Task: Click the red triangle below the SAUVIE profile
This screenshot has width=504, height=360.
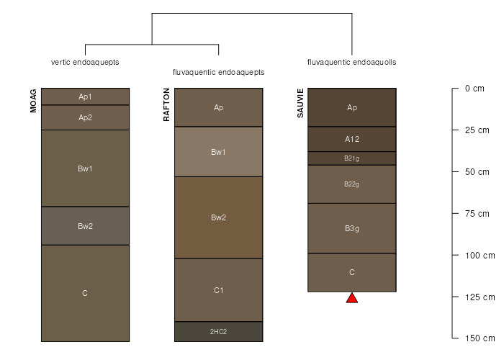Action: click(352, 298)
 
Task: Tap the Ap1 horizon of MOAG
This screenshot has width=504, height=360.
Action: click(85, 96)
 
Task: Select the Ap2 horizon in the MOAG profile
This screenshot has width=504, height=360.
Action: click(85, 117)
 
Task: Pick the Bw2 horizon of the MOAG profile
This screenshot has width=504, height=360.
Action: click(85, 226)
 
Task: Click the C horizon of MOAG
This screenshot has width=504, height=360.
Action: click(85, 293)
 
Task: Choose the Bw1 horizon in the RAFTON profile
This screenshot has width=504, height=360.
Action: click(219, 152)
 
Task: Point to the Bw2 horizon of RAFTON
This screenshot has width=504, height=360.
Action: click(219, 217)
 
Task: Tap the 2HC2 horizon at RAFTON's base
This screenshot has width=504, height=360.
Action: click(219, 331)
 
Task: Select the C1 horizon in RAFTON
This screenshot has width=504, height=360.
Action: click(219, 290)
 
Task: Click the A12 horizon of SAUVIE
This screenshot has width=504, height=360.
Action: click(352, 139)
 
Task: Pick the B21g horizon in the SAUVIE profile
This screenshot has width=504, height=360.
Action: click(352, 158)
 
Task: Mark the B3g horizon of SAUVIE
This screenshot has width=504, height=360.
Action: click(352, 228)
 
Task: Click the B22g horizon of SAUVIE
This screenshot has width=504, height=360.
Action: click(352, 184)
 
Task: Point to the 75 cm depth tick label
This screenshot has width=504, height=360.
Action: click(477, 213)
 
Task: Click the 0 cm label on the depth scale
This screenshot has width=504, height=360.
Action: click(474, 89)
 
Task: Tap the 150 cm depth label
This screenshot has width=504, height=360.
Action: click(480, 338)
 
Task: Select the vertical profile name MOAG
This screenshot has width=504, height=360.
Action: click(33, 101)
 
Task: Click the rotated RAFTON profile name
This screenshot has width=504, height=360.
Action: click(166, 105)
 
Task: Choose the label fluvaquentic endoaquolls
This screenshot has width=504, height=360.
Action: click(351, 62)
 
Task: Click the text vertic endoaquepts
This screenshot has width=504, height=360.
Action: click(85, 62)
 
